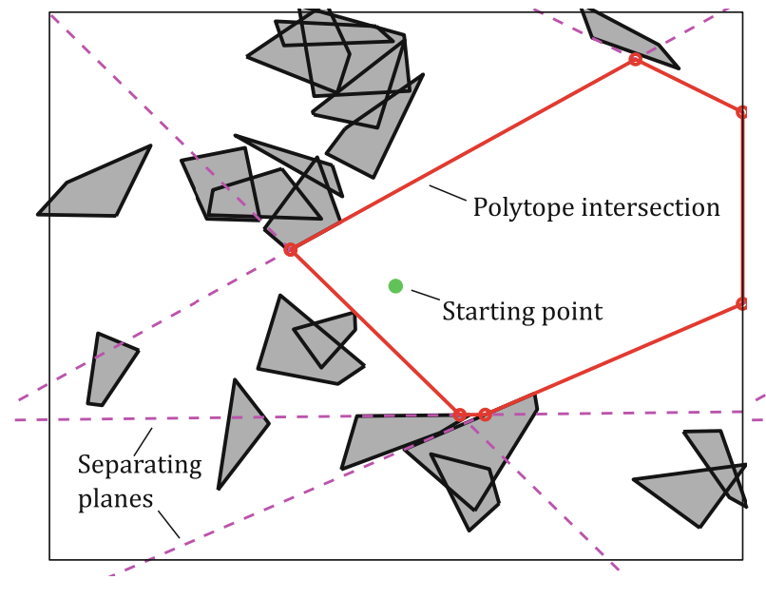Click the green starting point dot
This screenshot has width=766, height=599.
pos(395,286)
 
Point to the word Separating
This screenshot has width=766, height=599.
pos(140,465)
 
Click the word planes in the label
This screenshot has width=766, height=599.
pos(115,497)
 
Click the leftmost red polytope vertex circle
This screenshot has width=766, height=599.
pos(291,250)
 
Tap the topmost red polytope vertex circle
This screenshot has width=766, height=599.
pos(635,60)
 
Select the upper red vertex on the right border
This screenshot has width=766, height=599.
pos(742,112)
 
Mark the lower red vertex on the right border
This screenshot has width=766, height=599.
pos(742,304)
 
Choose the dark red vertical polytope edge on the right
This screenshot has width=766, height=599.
pos(742,209)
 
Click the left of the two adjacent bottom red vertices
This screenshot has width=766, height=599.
pos(460,415)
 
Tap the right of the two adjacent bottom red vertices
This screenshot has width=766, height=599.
pos(485,415)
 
